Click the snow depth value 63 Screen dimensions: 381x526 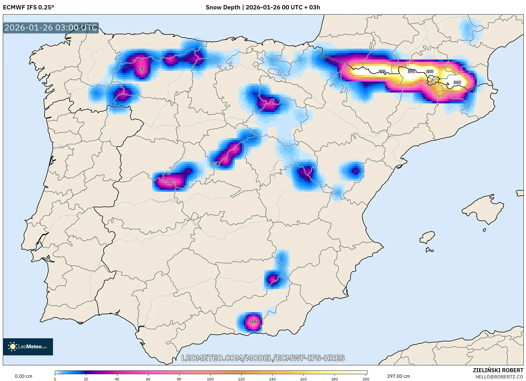pos(142,69)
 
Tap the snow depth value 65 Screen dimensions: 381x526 pos(170,182)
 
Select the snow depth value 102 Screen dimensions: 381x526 pos(254,321)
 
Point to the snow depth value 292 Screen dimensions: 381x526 pos(382,71)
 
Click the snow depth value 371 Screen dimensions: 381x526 pos(411,71)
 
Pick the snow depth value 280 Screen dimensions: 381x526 pos(430,71)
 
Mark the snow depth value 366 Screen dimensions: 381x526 pos(457,82)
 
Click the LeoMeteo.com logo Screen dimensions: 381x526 pos(28,347)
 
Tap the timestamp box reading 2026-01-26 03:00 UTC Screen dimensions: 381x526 pos(51,28)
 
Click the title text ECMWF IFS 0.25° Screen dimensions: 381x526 pos(28,7)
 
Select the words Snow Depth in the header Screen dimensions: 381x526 pos(223,7)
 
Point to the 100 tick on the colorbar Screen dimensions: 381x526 pos(210,379)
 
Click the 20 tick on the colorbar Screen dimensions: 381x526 pos(86,379)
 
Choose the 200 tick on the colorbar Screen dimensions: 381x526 pos(366,379)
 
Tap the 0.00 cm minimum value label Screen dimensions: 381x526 pos(23,376)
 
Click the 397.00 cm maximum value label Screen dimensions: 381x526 pos(398,376)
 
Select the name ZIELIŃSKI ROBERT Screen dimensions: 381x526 pos(498,370)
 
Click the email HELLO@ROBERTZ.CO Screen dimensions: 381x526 pos(499,377)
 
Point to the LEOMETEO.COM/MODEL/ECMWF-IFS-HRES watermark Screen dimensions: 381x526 pos(263,358)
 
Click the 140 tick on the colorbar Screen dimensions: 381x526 pos(272,379)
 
